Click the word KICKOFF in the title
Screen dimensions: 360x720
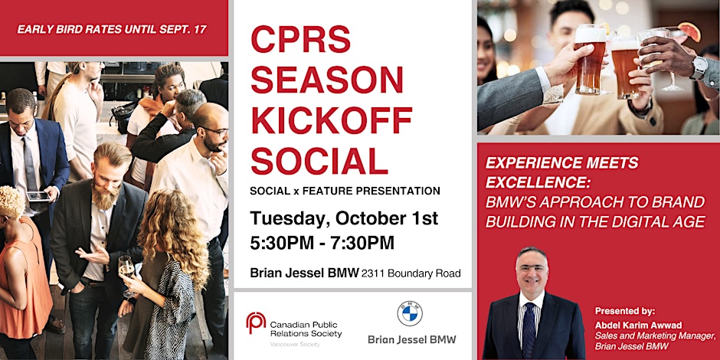pyautogui.click(x=332, y=121)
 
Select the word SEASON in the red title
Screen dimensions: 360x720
pyautogui.click(x=327, y=80)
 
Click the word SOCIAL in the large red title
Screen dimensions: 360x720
pyautogui.click(x=319, y=161)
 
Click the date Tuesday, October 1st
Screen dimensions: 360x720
pyautogui.click(x=344, y=218)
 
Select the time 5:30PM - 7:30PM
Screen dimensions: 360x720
pyautogui.click(x=322, y=243)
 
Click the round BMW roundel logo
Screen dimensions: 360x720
pyautogui.click(x=410, y=313)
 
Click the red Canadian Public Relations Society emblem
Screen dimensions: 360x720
pyautogui.click(x=256, y=322)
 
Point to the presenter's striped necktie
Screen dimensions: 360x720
pyautogui.click(x=529, y=329)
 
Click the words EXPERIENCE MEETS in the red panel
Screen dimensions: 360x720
pyautogui.click(x=561, y=163)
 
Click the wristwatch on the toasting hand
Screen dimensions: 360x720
pyautogui.click(x=698, y=67)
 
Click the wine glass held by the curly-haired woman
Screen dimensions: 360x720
pyautogui.click(x=126, y=269)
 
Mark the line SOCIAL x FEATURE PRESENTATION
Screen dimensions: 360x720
pyautogui.click(x=345, y=191)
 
